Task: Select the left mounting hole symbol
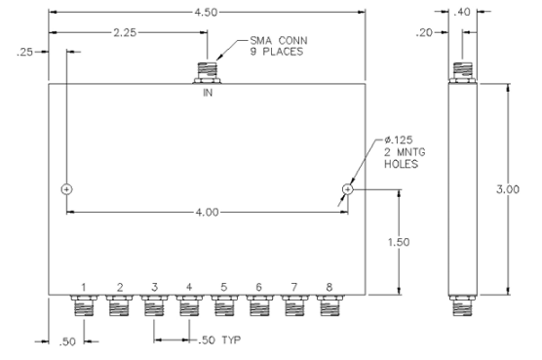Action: (x=66, y=188)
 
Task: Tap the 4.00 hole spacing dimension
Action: (x=207, y=211)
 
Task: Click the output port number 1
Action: (x=84, y=287)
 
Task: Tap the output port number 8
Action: (x=330, y=287)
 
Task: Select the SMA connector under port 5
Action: (x=224, y=308)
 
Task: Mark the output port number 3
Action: (x=154, y=287)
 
